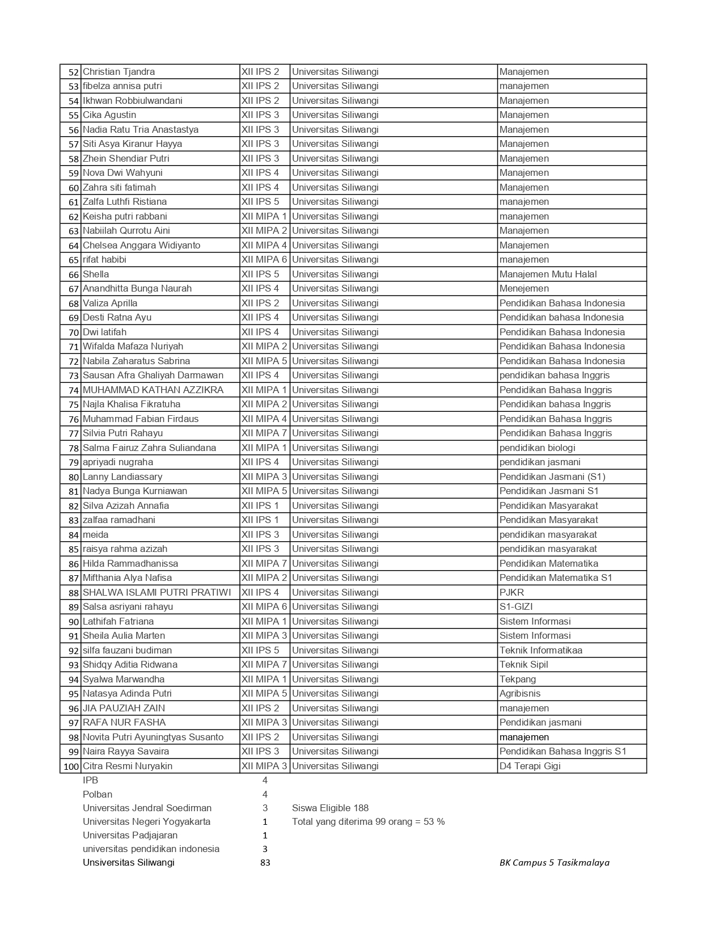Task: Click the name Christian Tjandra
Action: (119, 72)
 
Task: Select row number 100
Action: (71, 766)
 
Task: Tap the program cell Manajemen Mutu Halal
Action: (548, 275)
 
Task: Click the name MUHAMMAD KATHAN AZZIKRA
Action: (153, 390)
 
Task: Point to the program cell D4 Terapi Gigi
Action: (530, 766)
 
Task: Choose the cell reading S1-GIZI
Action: (515, 607)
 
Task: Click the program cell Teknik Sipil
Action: (523, 665)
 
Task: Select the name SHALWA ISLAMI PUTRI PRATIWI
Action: (157, 593)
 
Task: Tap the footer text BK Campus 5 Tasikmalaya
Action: (554, 863)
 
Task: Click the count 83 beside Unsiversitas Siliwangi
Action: (265, 863)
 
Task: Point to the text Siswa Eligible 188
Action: (330, 808)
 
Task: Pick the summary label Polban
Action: (98, 795)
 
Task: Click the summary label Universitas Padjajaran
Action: (130, 836)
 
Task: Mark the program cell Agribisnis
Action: (519, 694)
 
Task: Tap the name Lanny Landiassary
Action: (122, 477)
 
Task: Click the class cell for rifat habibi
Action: (264, 260)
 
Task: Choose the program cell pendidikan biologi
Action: (537, 448)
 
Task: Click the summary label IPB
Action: (90, 781)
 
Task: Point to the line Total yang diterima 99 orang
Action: (368, 822)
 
